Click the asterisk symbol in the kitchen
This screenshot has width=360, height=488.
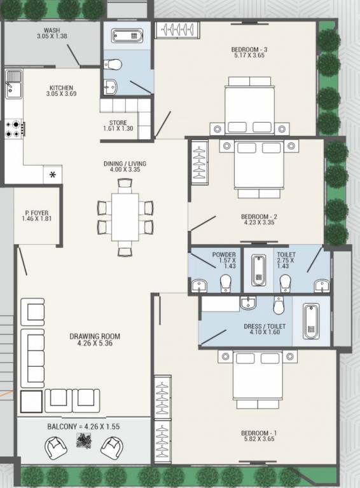click(x=53, y=175)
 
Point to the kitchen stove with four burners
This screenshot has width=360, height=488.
click(x=14, y=129)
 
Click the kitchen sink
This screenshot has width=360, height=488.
click(x=13, y=84)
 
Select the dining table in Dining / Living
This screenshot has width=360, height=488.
click(x=125, y=216)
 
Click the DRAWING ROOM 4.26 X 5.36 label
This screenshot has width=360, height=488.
click(x=94, y=341)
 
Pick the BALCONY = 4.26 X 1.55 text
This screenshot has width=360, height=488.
click(x=83, y=426)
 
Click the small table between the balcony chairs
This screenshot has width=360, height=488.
click(x=83, y=442)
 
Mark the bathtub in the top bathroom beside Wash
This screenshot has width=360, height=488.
click(x=127, y=35)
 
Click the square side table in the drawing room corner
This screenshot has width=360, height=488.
click(x=31, y=401)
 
